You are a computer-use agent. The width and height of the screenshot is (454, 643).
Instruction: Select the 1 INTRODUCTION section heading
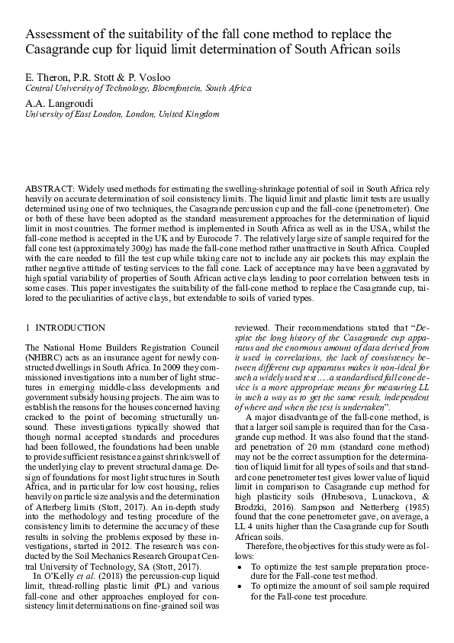pyautogui.click(x=66, y=328)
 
